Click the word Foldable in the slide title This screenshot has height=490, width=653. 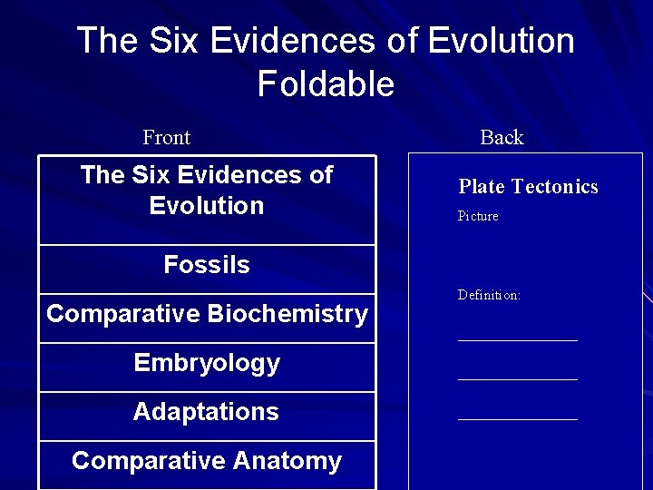point(326,84)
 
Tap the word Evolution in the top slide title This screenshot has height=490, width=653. point(500,41)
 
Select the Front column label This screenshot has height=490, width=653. point(166,138)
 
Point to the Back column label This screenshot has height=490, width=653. point(502,138)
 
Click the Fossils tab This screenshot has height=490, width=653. point(207,265)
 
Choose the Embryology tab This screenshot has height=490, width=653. point(207,363)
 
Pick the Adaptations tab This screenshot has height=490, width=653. point(207,412)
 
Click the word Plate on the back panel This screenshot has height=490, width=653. point(482,187)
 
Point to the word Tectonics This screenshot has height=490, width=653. point(555,187)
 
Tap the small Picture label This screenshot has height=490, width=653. point(478,217)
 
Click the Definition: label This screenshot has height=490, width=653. point(489,296)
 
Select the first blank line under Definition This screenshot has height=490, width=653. point(517,340)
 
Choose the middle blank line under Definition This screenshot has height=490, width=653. point(517,379)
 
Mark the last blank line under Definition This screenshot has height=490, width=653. point(517,419)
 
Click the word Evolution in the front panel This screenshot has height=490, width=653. point(207,205)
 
